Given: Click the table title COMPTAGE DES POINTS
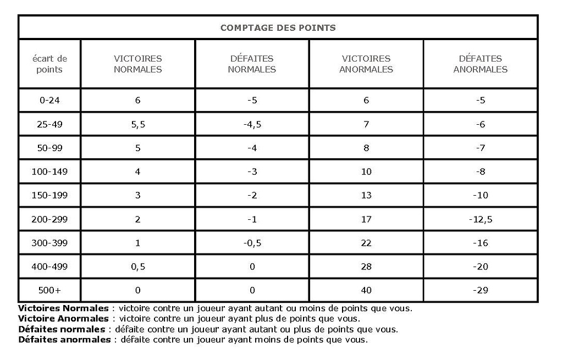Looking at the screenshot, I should [278, 27].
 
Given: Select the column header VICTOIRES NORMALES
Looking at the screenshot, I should [137, 64].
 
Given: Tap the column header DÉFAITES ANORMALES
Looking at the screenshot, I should [480, 64].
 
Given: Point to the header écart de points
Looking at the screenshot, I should [49, 64].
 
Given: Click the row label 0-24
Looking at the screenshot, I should [49, 101].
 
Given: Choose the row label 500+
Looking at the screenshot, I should [49, 290].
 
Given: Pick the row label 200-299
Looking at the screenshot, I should [49, 219].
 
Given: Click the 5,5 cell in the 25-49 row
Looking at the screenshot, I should [137, 125].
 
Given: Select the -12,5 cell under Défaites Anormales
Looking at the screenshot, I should [480, 219].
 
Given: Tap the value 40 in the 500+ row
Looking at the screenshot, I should [366, 290].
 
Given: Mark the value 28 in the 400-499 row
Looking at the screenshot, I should [366, 267].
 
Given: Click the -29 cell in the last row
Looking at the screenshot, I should [480, 290].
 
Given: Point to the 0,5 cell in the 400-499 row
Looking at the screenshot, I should [137, 267].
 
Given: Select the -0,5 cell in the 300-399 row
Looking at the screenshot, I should [252, 243].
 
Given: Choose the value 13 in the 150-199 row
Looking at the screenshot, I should [366, 195].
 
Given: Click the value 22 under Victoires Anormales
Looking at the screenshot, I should [366, 243].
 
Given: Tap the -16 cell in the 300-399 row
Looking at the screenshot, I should [480, 243].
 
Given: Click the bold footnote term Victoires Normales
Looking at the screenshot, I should [63, 308].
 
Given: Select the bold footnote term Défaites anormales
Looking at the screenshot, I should [64, 340].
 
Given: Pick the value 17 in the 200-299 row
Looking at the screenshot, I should [366, 219].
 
